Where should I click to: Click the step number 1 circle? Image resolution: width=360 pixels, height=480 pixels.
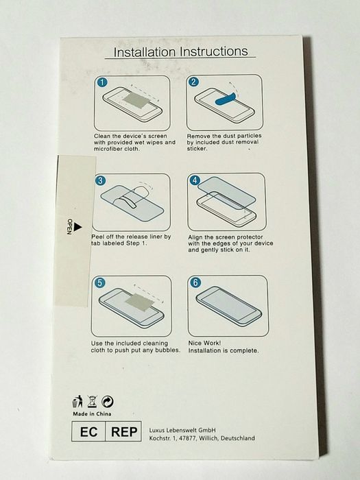click(102, 82)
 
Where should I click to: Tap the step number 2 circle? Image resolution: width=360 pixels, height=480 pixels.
click(193, 82)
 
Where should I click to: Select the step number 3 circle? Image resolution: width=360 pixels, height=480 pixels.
click(100, 180)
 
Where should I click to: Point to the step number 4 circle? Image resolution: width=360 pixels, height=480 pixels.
click(195, 180)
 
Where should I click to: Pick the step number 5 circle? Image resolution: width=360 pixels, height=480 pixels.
click(100, 283)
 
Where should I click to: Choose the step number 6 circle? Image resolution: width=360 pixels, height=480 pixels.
click(195, 283)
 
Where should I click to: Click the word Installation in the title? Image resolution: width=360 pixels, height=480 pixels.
click(145, 52)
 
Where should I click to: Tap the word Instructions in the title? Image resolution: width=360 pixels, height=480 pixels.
click(214, 51)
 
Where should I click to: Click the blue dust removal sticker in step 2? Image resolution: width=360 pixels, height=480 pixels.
click(226, 98)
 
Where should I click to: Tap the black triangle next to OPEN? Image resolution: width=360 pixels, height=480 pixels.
click(78, 227)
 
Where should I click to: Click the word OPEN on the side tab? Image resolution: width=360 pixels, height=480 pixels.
click(69, 226)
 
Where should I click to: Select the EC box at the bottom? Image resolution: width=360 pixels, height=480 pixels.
click(88, 431)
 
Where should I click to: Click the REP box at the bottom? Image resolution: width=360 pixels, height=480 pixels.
click(123, 431)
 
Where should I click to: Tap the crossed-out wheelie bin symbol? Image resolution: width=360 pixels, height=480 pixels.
click(92, 401)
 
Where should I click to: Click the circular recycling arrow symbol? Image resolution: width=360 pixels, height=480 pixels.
click(108, 402)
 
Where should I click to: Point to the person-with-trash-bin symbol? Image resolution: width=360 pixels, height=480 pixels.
click(77, 401)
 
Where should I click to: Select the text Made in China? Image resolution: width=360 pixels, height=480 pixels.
click(92, 414)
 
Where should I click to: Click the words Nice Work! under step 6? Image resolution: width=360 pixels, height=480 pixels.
click(204, 343)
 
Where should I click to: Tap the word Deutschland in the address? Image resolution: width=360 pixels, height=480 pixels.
click(237, 438)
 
